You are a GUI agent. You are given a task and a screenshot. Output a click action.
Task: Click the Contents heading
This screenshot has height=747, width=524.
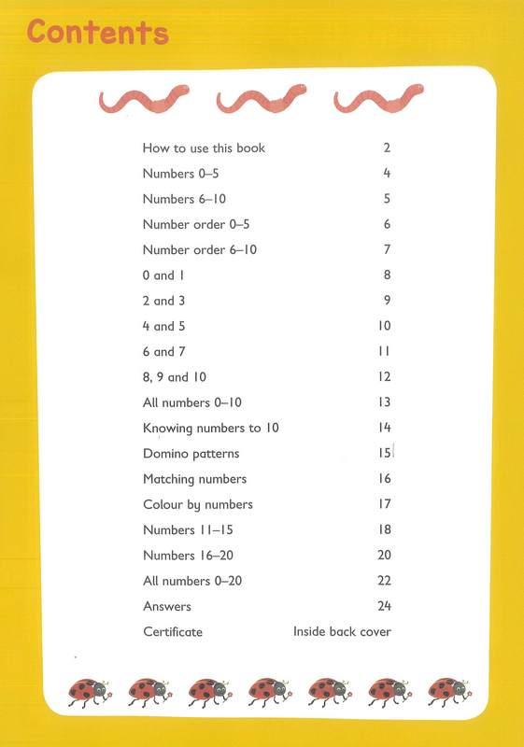point(98,32)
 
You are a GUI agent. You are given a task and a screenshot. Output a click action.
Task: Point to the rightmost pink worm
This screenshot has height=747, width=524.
point(374,99)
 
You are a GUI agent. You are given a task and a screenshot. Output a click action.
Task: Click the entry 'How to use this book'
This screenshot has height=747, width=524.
point(204,148)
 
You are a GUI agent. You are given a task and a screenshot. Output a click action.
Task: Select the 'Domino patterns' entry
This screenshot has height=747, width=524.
point(191,454)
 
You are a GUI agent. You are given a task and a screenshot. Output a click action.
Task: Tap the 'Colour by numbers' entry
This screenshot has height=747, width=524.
point(197,504)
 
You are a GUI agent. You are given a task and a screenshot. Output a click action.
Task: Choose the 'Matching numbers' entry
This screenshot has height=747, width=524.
point(194,479)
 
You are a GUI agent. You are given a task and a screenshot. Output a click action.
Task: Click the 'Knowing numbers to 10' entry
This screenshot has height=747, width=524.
point(210,429)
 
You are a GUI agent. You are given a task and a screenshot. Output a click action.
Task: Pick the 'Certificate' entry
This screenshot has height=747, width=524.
point(172,632)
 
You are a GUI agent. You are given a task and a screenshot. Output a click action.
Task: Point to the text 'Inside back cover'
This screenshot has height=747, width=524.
point(342,632)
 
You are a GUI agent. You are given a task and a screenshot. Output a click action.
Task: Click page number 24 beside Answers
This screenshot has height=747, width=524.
point(384,607)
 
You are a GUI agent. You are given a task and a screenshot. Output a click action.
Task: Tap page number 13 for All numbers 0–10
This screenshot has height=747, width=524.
point(384,402)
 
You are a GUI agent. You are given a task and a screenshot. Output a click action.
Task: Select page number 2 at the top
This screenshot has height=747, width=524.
point(387,148)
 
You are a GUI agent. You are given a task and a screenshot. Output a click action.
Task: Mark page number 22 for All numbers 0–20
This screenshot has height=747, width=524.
point(384,581)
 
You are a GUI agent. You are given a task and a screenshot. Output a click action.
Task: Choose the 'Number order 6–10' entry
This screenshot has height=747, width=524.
point(199,250)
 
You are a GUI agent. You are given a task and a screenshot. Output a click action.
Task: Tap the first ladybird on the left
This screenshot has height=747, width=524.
point(89,692)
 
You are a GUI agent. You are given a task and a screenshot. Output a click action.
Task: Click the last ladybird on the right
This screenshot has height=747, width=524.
point(446,692)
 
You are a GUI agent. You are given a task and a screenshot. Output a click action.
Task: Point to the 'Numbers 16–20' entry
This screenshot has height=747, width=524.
point(184,556)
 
